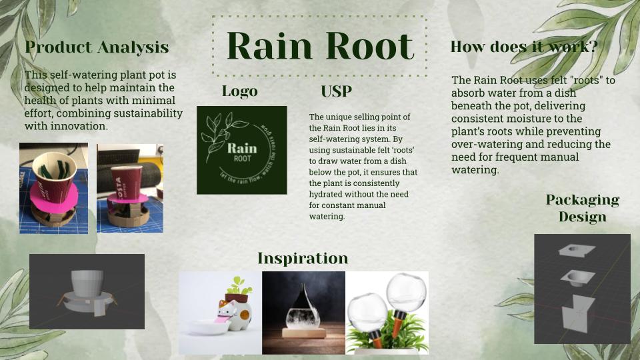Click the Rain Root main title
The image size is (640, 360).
(320, 46)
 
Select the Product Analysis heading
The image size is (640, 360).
(97, 47)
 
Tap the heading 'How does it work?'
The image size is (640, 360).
(523, 47)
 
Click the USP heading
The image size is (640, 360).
(336, 92)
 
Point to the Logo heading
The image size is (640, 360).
(239, 91)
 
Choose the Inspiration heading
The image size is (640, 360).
(303, 258)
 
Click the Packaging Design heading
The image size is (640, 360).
(582, 208)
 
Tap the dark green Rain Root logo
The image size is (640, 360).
(241, 150)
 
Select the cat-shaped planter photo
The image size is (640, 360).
(220, 312)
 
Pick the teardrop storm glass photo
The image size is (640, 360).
(303, 312)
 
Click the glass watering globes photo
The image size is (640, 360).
(387, 312)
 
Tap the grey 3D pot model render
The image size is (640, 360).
(87, 291)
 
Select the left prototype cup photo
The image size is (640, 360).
(53, 188)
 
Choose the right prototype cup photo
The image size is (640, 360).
(129, 188)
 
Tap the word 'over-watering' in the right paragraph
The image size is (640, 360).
(484, 144)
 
